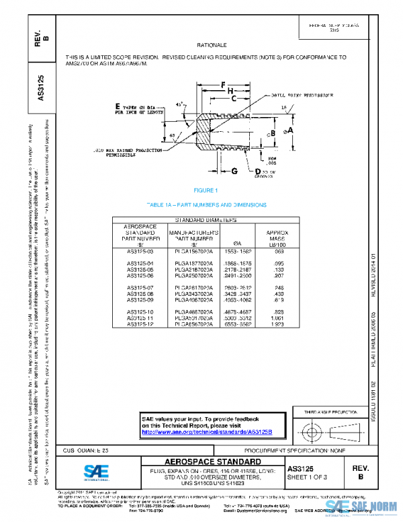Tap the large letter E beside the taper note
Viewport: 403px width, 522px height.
(118, 106)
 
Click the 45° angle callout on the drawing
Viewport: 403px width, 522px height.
(179, 105)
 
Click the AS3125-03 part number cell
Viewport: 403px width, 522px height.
(141, 251)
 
